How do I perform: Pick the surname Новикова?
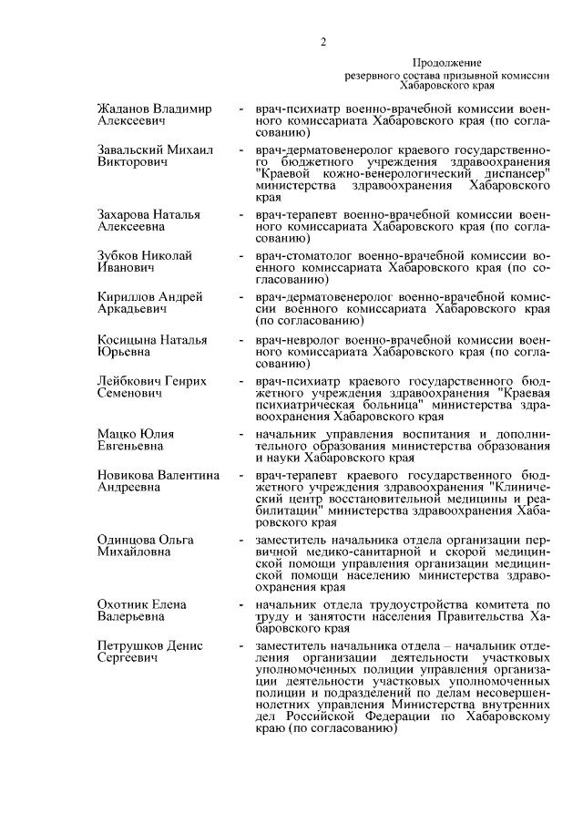pos(127,475)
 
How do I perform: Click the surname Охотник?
pos(125,604)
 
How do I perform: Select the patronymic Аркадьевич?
pos(131,310)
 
